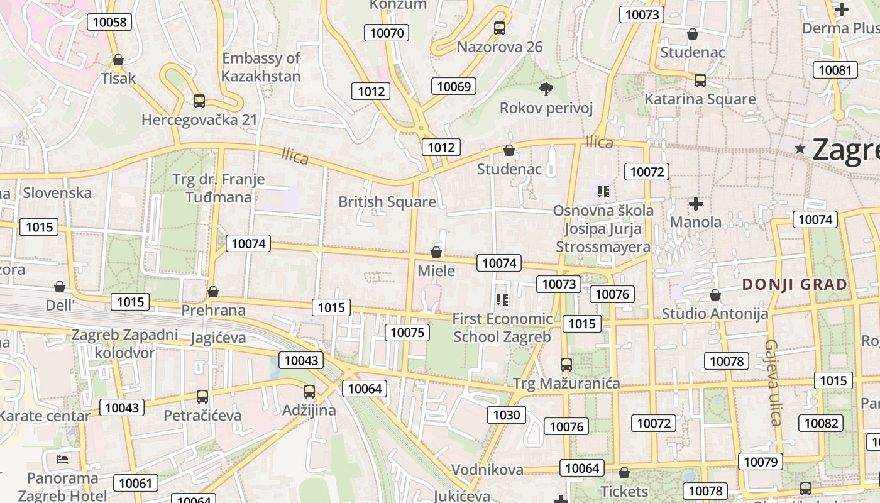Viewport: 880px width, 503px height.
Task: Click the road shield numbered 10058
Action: point(109,22)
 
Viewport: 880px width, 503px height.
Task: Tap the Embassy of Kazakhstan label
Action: point(261,67)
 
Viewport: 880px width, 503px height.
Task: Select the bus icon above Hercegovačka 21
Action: point(199,101)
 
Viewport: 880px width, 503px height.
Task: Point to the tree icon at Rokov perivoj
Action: point(546,89)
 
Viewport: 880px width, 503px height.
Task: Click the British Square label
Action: point(387,202)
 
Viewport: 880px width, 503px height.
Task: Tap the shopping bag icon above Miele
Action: point(436,252)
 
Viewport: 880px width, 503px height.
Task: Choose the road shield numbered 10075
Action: point(408,332)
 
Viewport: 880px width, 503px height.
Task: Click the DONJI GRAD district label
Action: point(795,284)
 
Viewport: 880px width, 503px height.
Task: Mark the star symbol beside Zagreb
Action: point(800,149)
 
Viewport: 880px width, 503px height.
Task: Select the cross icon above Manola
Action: point(695,204)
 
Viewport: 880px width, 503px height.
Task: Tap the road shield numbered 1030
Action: point(507,414)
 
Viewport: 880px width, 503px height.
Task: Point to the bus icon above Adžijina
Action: point(309,392)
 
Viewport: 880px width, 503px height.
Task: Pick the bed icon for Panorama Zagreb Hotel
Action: point(62,459)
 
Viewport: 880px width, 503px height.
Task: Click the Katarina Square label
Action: point(700,99)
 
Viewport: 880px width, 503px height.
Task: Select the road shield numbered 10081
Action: point(835,69)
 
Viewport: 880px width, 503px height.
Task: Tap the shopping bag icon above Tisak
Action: point(118,60)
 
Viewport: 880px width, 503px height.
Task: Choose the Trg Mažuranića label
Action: point(566,383)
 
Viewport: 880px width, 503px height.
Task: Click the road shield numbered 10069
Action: point(454,86)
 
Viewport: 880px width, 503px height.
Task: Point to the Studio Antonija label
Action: point(715,313)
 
